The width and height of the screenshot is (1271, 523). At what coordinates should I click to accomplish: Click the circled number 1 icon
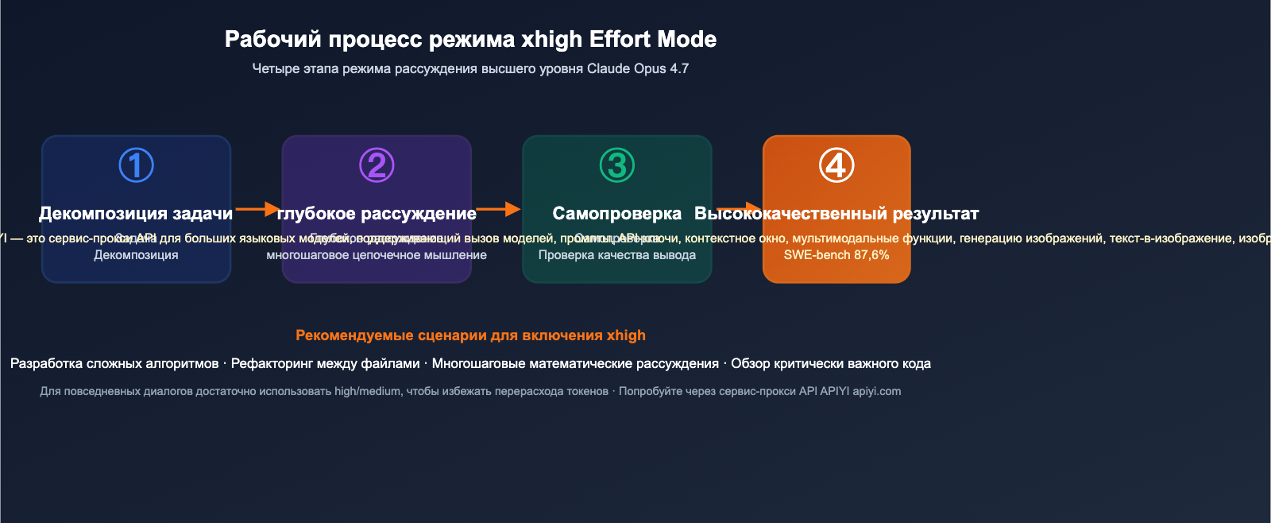pos(136,165)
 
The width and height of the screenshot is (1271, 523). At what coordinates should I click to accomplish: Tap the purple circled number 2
pos(377,165)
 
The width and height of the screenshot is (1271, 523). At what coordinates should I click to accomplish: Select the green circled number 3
pos(617,165)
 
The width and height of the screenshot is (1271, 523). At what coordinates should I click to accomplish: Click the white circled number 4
pos(836,165)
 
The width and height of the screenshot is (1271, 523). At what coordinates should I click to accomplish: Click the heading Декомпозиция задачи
pos(136,213)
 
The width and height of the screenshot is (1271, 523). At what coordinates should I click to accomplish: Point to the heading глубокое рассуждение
pos(377,213)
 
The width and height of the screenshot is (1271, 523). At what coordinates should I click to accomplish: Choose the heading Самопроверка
pos(617,213)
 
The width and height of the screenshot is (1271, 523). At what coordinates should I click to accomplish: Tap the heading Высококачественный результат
pos(836,213)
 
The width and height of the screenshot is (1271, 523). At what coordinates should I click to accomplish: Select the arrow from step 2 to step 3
pos(498,209)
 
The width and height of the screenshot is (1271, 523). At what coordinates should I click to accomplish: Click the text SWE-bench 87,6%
pos(836,255)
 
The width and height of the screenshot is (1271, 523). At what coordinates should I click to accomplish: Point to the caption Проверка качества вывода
pos(617,255)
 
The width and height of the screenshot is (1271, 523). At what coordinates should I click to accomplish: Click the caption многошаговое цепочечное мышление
pos(377,255)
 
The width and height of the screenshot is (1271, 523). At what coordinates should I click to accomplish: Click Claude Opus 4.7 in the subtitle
pos(638,68)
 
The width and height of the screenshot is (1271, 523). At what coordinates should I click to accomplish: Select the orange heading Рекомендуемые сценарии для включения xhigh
pos(470,335)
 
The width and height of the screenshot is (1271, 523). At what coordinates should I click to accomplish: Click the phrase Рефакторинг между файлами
pos(325,363)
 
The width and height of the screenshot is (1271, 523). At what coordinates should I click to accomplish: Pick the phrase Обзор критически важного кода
pos(831,363)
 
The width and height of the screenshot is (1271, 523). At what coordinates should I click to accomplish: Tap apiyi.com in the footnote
pos(877,391)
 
